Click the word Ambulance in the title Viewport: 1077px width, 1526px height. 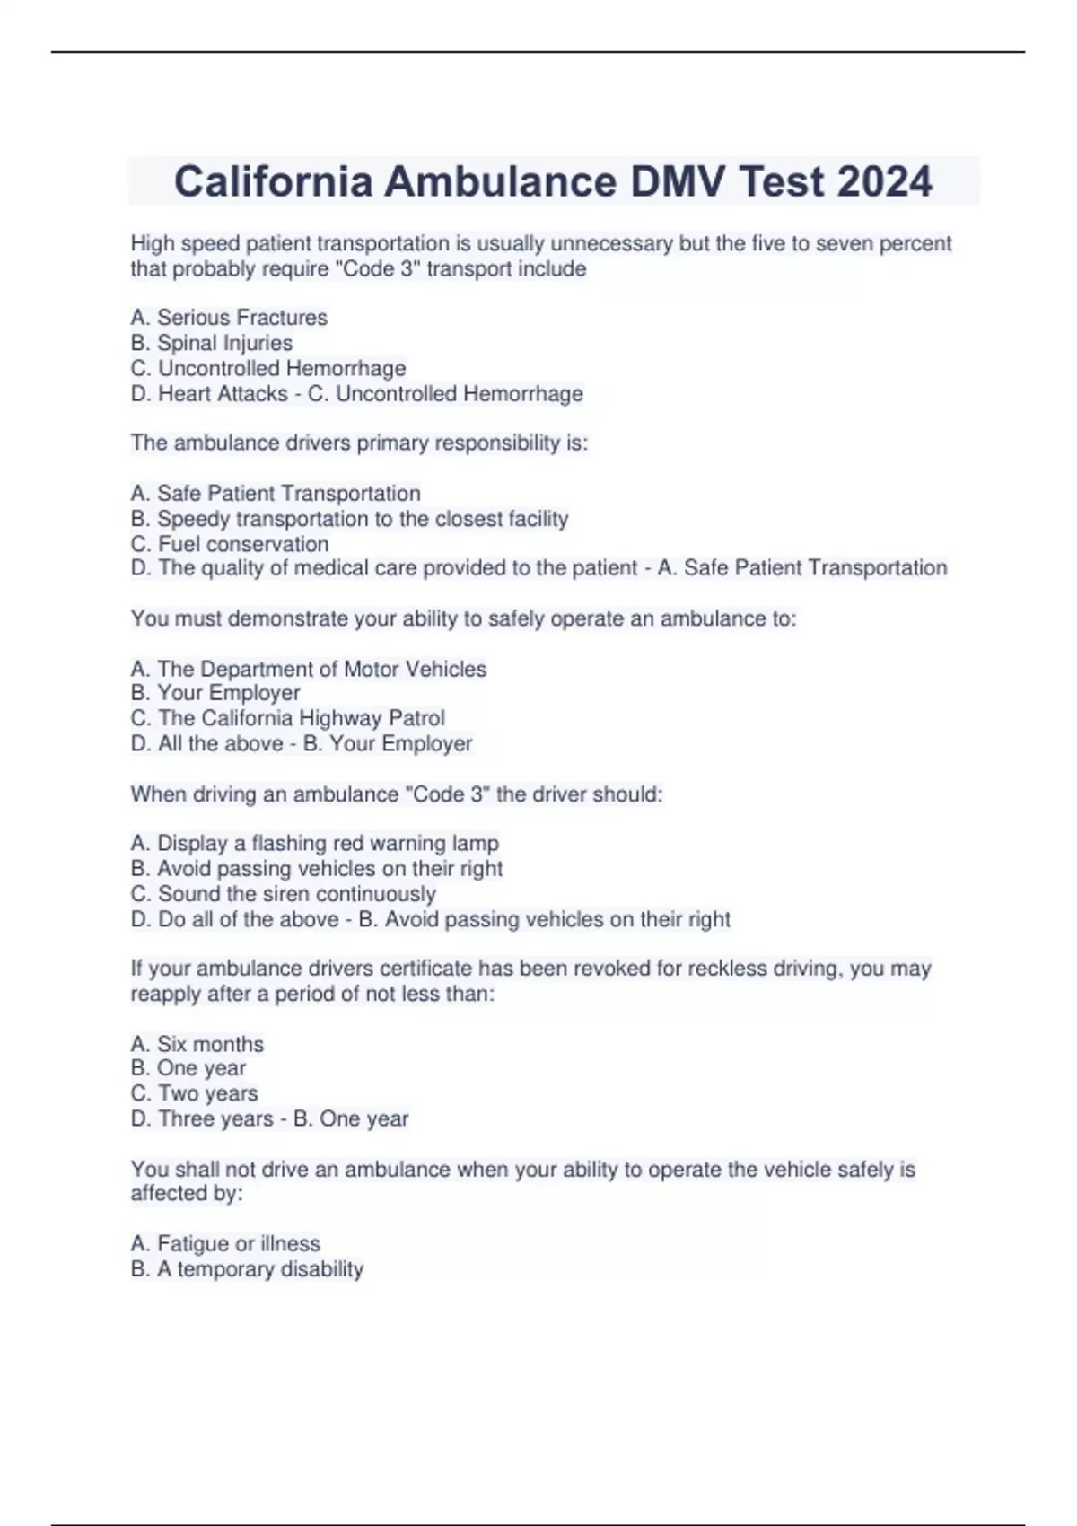tap(501, 182)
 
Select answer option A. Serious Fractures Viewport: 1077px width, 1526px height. tap(229, 318)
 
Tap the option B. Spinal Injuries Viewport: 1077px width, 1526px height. tap(212, 343)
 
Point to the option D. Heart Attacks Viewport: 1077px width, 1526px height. tap(209, 394)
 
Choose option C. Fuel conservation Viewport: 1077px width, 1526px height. tap(230, 544)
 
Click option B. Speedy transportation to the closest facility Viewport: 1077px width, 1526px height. tap(349, 519)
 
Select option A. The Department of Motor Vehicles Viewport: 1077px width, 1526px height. tap(308, 669)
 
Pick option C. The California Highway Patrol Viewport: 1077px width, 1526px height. tap(287, 718)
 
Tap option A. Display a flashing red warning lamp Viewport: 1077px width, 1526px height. tap(314, 844)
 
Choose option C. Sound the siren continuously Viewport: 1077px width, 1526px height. tap(283, 894)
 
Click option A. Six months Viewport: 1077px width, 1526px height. tap(197, 1044)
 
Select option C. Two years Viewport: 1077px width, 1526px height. tap(194, 1093)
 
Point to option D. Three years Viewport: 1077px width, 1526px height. tap(202, 1119)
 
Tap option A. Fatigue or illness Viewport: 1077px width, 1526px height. tap(225, 1243)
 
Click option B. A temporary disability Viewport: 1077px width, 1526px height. tap(247, 1269)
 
